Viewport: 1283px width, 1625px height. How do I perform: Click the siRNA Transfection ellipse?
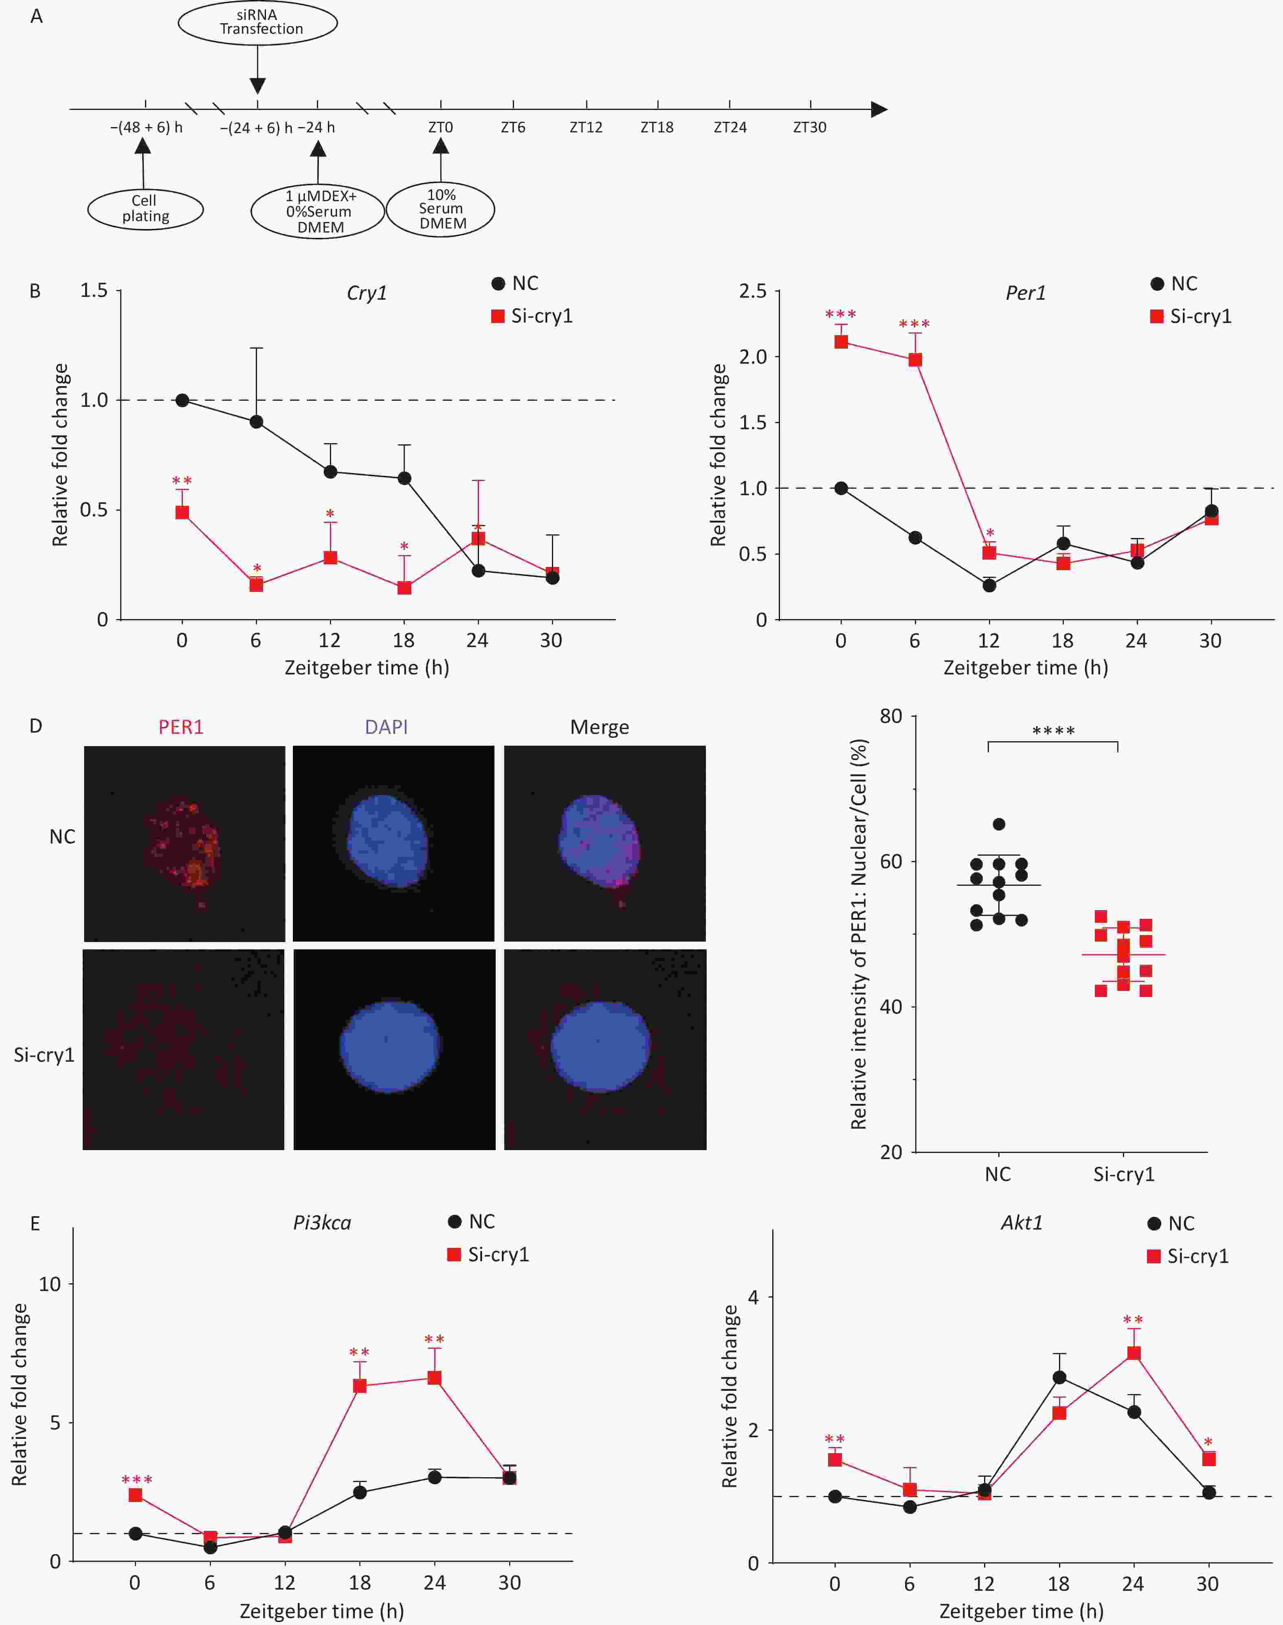click(258, 22)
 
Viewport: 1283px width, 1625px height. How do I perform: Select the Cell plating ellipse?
click(145, 209)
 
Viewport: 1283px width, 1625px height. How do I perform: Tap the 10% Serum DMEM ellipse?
click(441, 209)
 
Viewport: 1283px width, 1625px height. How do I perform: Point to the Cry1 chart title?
click(367, 293)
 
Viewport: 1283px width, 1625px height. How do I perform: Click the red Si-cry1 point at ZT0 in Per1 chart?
click(841, 342)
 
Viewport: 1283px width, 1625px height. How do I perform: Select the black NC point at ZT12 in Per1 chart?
click(989, 585)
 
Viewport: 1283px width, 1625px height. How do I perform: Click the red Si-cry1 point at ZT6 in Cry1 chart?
click(256, 584)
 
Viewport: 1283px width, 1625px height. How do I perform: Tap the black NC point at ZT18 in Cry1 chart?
click(404, 479)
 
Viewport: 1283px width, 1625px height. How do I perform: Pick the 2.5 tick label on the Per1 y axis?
click(753, 291)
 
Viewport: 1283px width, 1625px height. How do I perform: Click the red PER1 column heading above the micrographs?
click(181, 727)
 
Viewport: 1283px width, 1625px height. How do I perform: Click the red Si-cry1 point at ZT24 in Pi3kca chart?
click(434, 1377)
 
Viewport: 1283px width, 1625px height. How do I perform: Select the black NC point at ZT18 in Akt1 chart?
click(1059, 1377)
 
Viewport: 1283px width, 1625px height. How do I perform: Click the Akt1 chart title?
click(1022, 1223)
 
